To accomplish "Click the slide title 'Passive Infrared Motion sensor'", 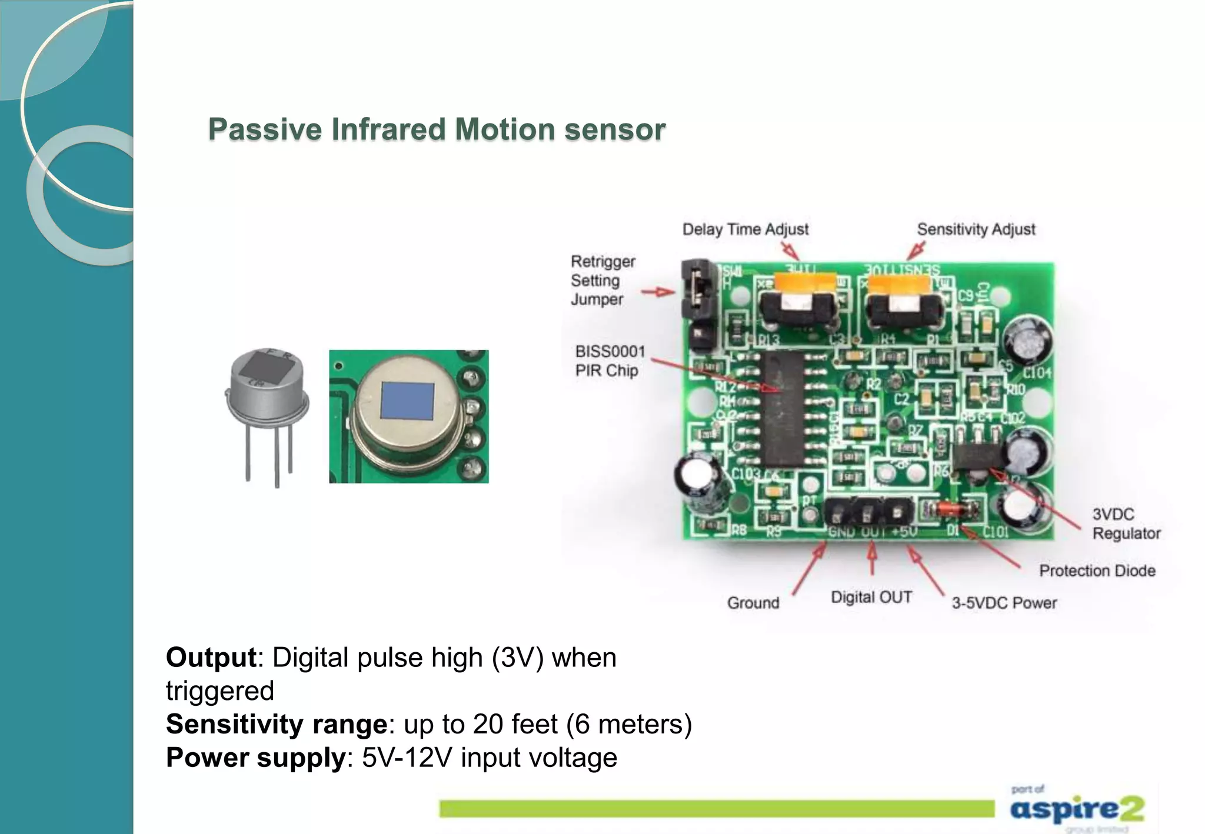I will [437, 129].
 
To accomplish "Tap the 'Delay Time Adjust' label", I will [745, 229].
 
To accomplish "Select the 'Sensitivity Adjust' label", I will [976, 229].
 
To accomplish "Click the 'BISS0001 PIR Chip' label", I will [610, 361].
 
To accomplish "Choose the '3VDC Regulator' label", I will [1126, 523].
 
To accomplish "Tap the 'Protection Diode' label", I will [1097, 571].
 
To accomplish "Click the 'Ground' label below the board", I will [753, 603].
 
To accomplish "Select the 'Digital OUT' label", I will [871, 598].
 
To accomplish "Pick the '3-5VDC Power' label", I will [1004, 603].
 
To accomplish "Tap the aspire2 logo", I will [1077, 809].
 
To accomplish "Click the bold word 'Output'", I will [211, 658].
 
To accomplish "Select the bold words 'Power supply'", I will [255, 758].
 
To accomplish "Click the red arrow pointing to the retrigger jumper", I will [658, 292].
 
